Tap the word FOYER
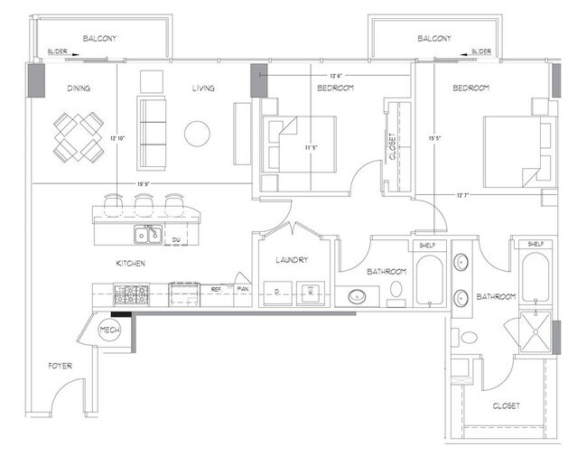click(x=60, y=366)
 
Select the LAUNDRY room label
click(x=292, y=260)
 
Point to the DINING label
click(x=82, y=88)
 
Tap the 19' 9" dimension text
click(x=143, y=183)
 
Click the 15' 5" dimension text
click(x=435, y=138)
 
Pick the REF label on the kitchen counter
click(x=216, y=290)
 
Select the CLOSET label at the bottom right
click(x=506, y=406)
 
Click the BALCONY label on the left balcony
click(x=101, y=38)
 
